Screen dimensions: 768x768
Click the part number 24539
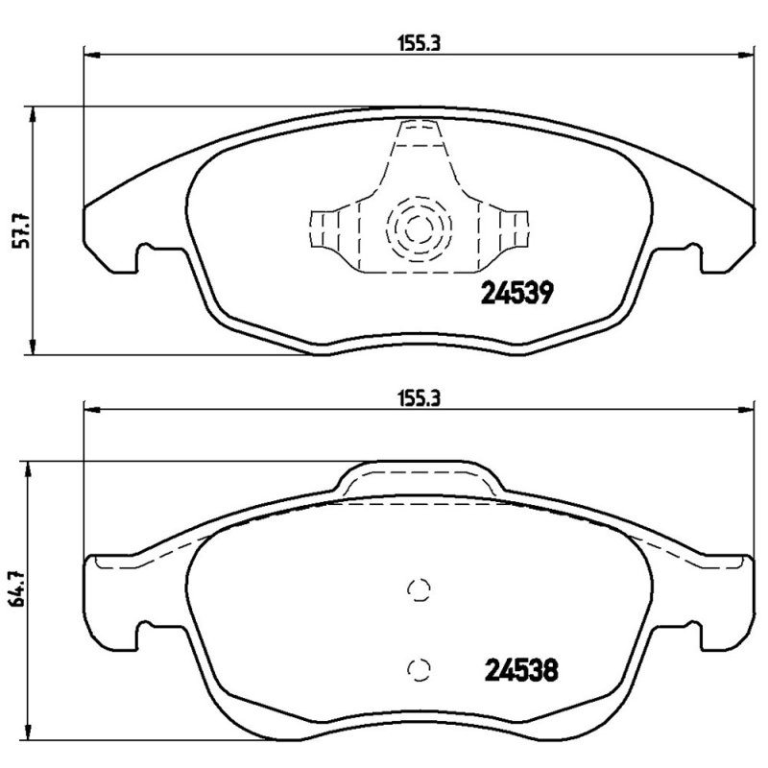coord(515,294)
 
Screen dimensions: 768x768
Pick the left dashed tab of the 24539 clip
coord(324,229)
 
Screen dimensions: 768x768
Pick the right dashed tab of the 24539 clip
coord(514,229)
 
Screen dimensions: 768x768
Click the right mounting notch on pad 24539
coord(686,256)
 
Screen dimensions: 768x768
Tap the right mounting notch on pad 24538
coord(686,635)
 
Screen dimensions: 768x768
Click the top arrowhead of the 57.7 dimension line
coord(35,113)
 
